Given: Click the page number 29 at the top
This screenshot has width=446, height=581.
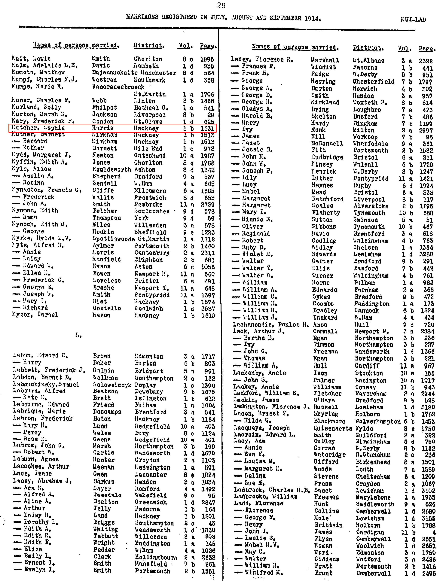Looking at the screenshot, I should (x=221, y=5).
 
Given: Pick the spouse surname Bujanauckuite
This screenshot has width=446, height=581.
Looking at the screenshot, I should (x=111, y=73).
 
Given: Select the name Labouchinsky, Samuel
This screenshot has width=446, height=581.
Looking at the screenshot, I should (x=46, y=385).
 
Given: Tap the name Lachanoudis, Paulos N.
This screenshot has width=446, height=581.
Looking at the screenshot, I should (x=271, y=324).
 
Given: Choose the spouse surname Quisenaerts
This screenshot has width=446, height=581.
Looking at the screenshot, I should (x=333, y=428).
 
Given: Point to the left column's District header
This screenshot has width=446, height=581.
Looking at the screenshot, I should (x=149, y=45).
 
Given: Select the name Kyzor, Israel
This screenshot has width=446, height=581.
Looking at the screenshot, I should (x=35, y=315).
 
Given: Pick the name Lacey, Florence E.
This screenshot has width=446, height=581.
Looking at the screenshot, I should (x=261, y=59).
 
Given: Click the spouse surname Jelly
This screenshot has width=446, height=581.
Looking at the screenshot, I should (x=102, y=509).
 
